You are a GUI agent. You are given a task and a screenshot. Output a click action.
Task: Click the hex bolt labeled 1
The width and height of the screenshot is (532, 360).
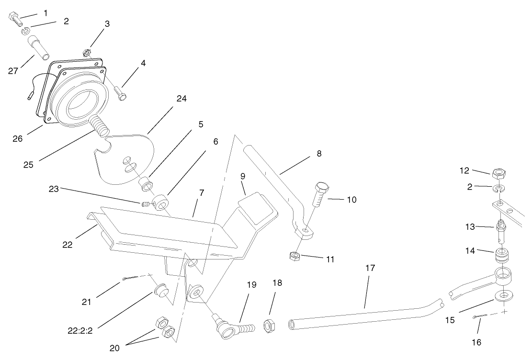point(15,19)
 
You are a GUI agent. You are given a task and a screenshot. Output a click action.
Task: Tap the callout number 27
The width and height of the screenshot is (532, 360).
point(13,71)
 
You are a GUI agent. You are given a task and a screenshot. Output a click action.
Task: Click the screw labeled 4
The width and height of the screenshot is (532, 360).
point(119,92)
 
